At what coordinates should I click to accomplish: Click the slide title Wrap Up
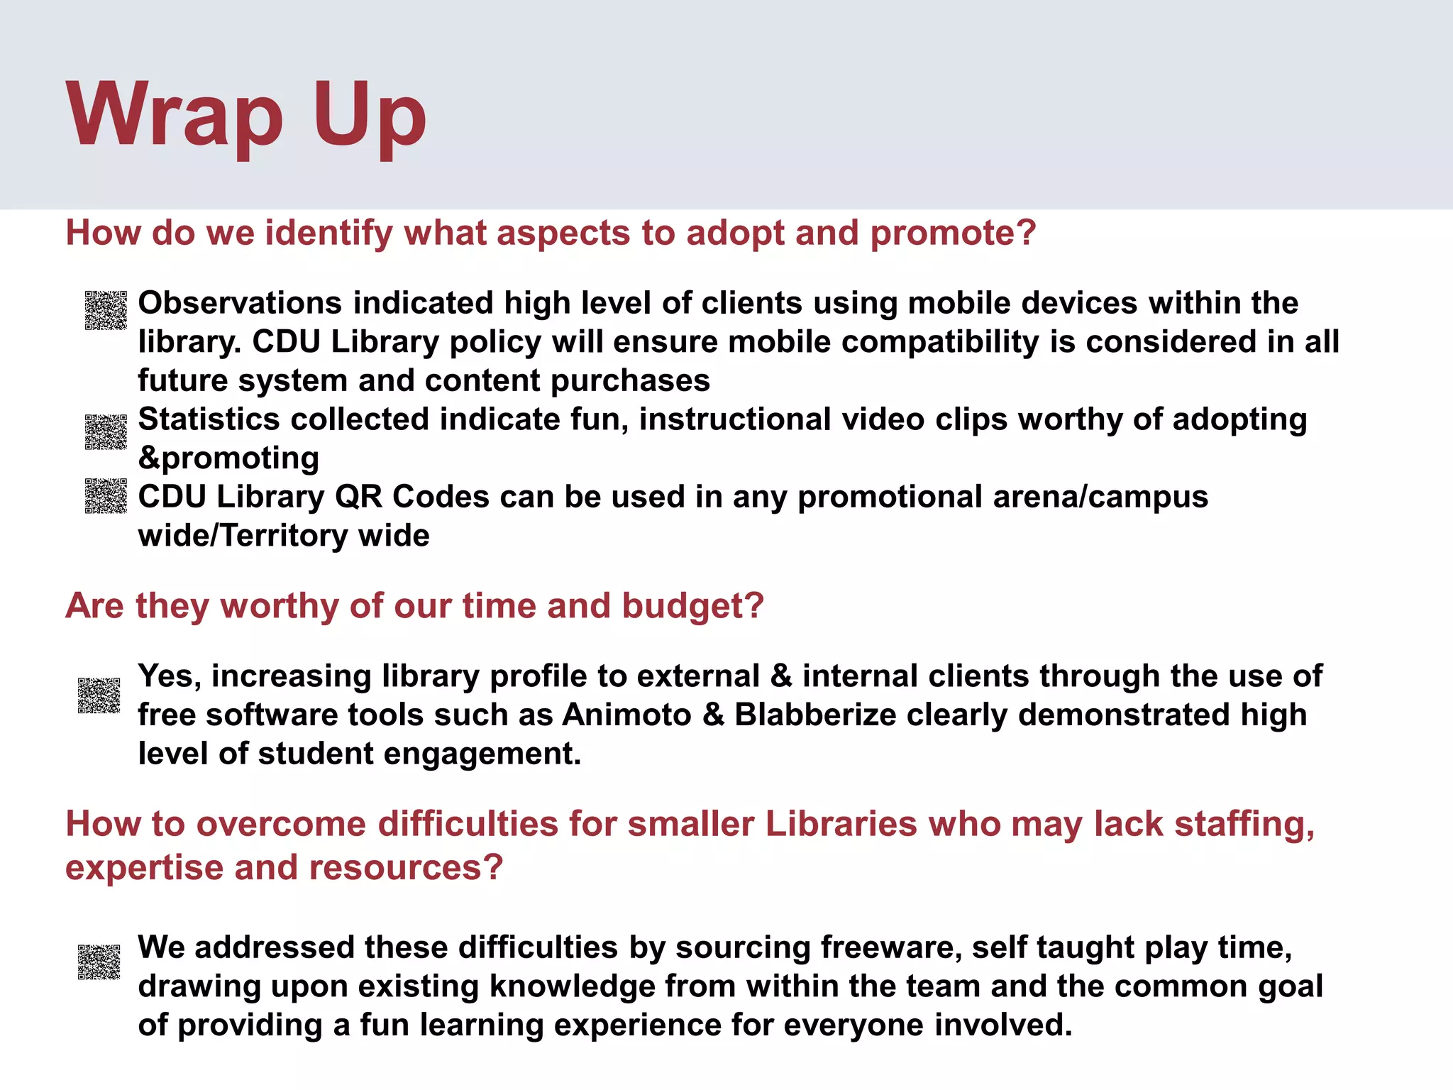click(246, 115)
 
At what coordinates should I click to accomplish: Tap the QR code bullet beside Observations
click(106, 310)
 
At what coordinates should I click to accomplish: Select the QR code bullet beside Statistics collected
click(106, 432)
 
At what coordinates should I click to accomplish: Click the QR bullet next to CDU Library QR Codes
click(106, 495)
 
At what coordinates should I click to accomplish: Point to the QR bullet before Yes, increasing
click(99, 695)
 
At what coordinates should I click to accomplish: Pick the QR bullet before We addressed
click(99, 962)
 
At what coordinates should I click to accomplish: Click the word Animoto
click(626, 715)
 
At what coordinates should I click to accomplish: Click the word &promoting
click(228, 458)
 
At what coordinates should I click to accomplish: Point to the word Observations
click(240, 304)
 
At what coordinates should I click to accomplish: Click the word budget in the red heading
click(692, 607)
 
